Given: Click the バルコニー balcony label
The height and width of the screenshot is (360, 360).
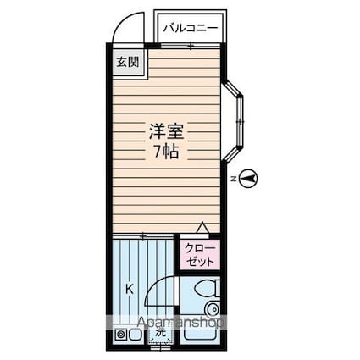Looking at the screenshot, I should pos(191,29).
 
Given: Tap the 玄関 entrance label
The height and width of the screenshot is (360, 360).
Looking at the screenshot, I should pos(124,62).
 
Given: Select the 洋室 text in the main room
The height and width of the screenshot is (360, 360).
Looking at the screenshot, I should pos(166,133).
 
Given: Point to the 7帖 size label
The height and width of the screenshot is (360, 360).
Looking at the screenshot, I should pos(166,152).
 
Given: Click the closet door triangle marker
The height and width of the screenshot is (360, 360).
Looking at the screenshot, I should pos(202,227).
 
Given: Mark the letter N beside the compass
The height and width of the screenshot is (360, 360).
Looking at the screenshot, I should pos(233,178).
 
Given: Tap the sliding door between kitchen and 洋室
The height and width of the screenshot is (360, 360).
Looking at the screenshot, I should pos(144,234).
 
